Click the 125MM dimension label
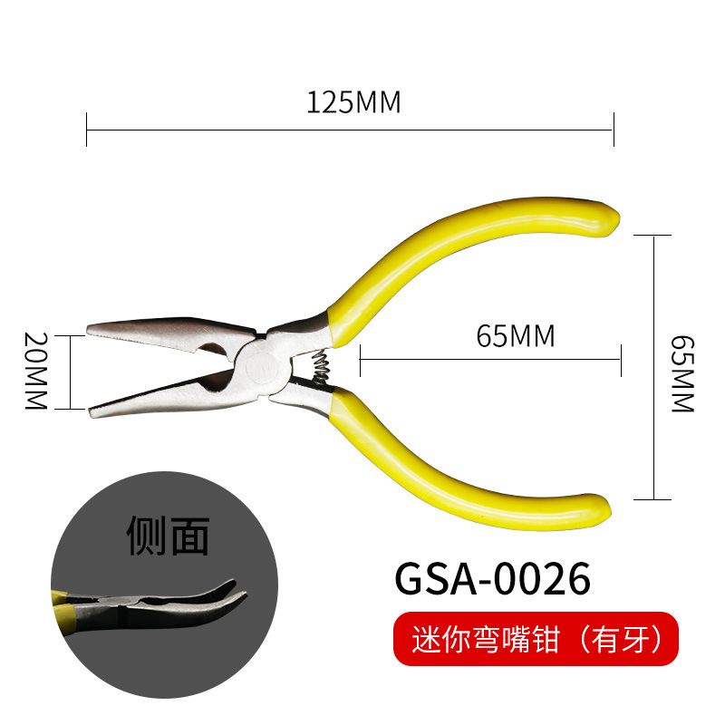[353, 102]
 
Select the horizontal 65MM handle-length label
[514, 336]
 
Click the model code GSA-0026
[492, 576]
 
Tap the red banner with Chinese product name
[535, 639]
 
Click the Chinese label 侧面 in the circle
[168, 535]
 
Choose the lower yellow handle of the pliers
[453, 471]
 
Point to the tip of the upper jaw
[92, 329]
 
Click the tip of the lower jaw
[94, 412]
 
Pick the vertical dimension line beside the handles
[654, 367]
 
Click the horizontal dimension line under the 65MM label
[489, 360]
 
